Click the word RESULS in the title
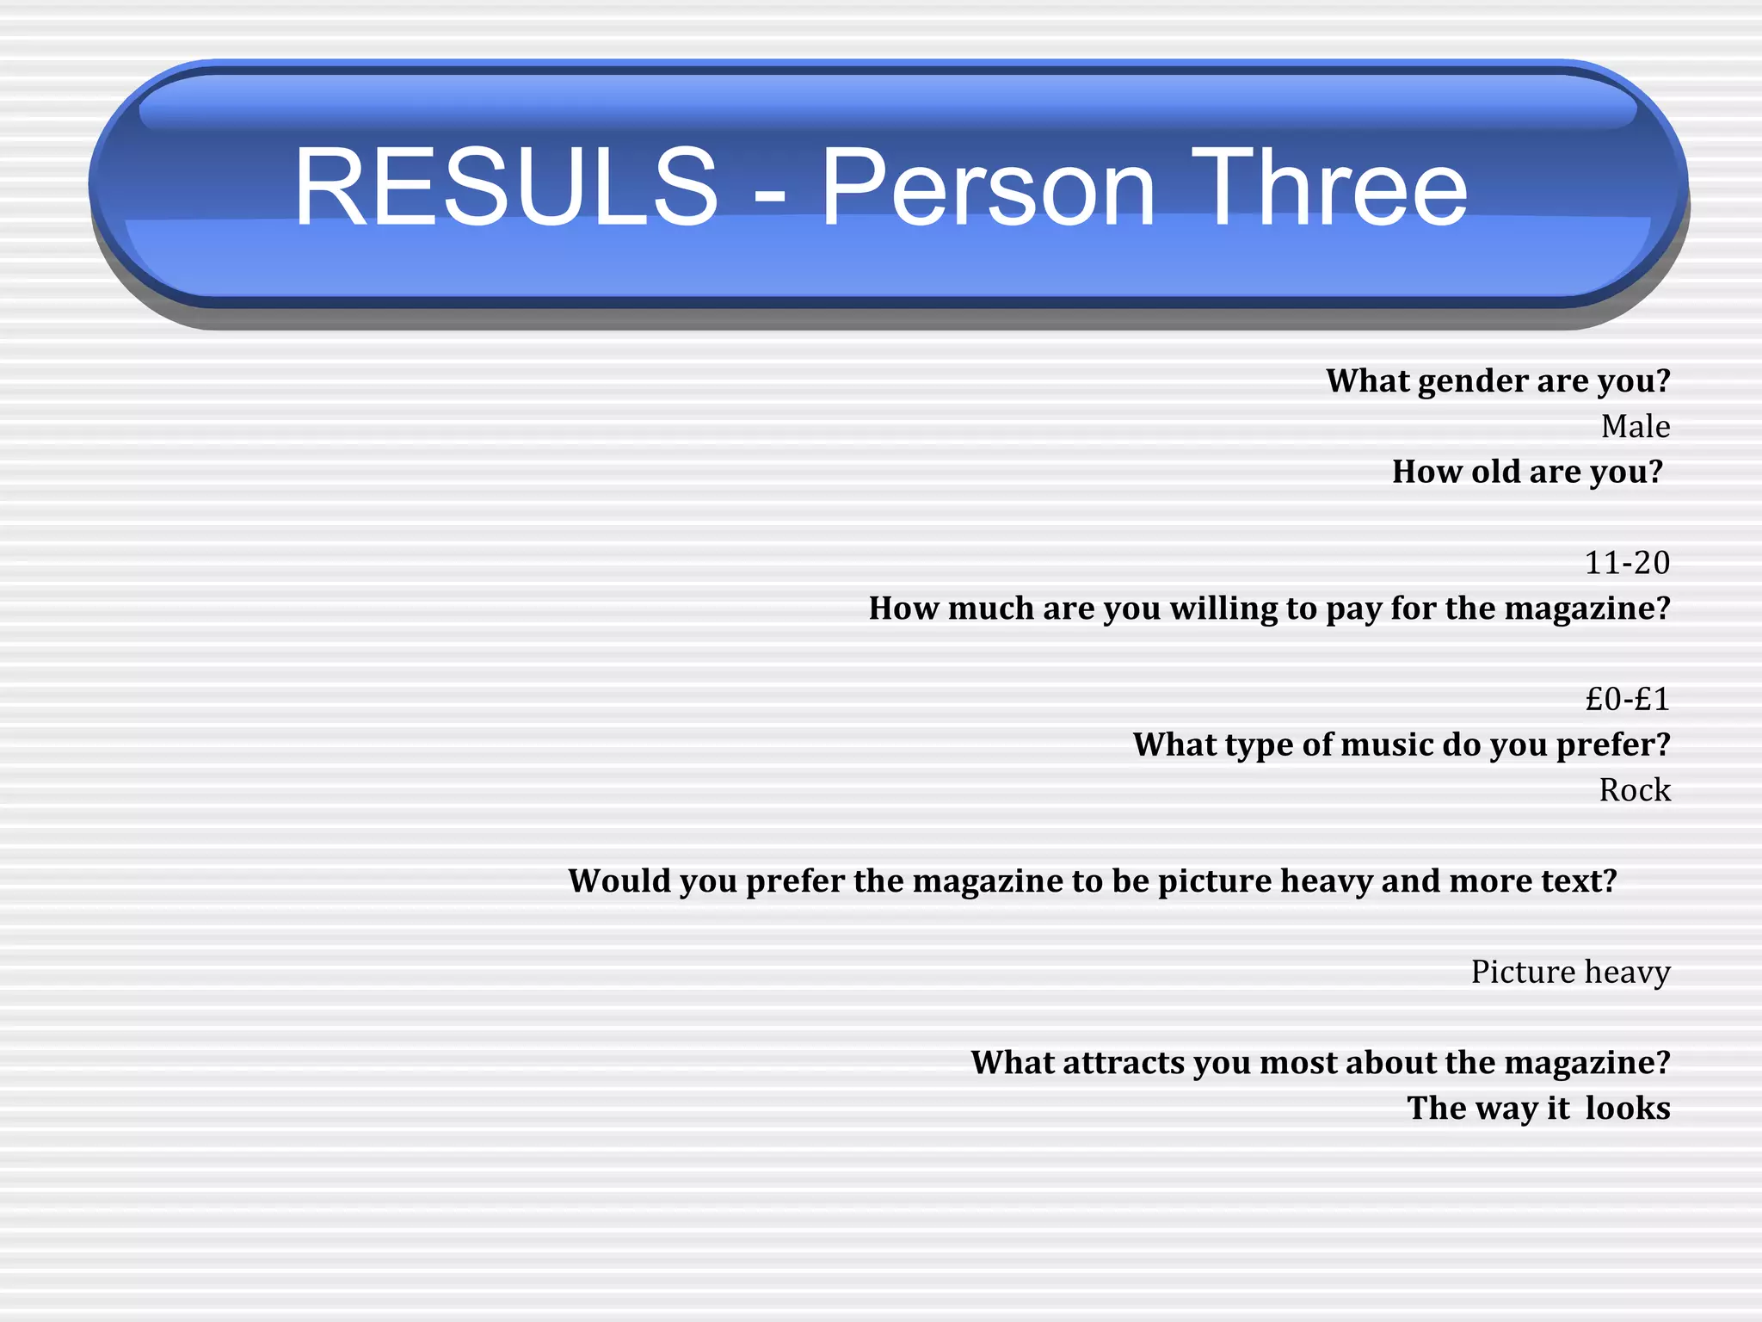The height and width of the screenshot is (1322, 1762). [x=506, y=187]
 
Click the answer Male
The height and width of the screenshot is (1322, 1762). [x=1635, y=427]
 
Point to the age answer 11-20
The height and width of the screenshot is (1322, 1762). [x=1626, y=563]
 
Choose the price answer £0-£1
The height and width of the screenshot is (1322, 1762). [x=1627, y=699]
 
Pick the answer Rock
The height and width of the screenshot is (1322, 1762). [x=1634, y=790]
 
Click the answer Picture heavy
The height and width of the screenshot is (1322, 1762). [x=1570, y=972]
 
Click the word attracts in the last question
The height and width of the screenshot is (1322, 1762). [x=1123, y=1063]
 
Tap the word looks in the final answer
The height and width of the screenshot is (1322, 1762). [x=1627, y=1109]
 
